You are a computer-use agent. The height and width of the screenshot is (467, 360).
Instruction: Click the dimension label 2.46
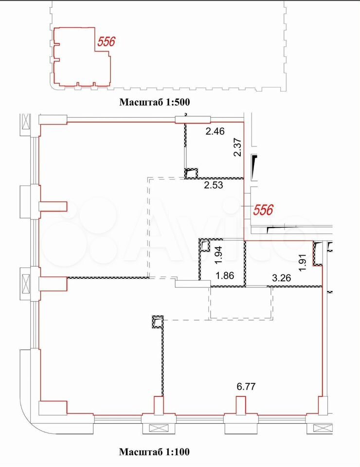(x=215, y=131)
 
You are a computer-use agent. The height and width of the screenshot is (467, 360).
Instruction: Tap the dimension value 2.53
(x=213, y=185)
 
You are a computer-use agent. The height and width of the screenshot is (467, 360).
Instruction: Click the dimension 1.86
(x=225, y=275)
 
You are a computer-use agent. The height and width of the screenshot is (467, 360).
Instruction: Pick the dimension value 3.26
(x=281, y=278)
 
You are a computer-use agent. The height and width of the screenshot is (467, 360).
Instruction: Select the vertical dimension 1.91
(x=303, y=262)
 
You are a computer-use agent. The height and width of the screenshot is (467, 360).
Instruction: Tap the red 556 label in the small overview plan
(x=107, y=42)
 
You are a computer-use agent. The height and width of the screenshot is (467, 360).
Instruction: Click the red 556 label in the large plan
(x=263, y=210)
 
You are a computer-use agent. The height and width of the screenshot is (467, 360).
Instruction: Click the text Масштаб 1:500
(x=155, y=102)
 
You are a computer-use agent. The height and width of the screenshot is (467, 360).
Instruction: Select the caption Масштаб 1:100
(x=154, y=452)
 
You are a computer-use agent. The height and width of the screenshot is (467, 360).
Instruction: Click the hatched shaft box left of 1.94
(x=204, y=246)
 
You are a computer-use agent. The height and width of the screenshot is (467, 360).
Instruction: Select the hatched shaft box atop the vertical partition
(x=158, y=322)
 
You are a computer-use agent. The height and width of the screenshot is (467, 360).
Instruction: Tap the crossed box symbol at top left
(x=26, y=122)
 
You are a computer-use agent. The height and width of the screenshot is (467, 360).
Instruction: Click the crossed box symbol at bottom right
(x=323, y=428)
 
